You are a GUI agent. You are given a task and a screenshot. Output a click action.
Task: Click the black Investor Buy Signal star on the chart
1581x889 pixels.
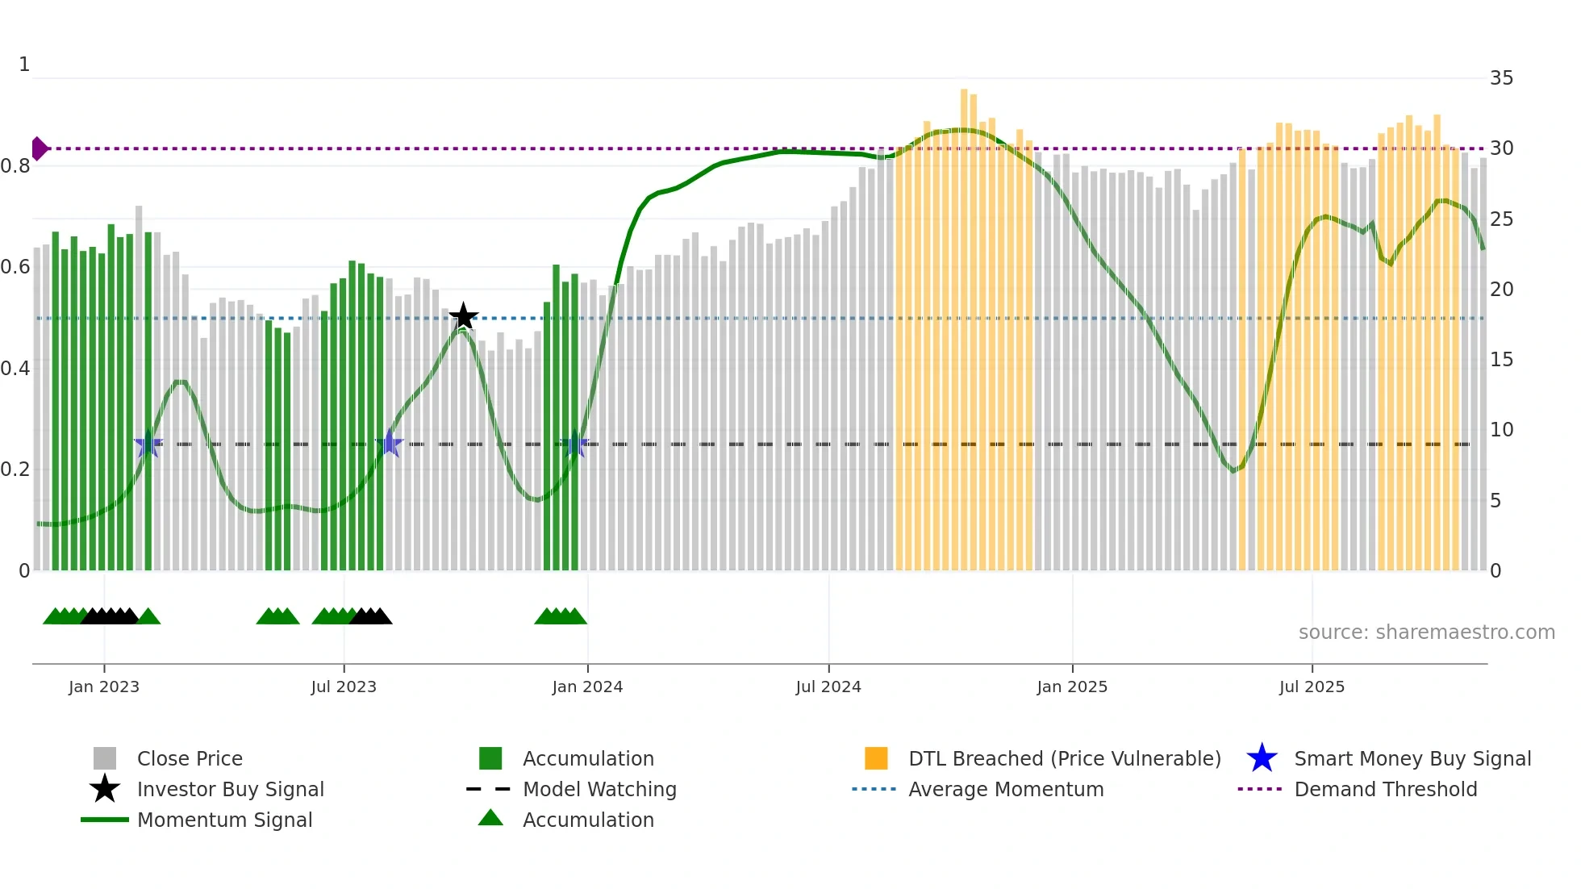pyautogui.click(x=464, y=316)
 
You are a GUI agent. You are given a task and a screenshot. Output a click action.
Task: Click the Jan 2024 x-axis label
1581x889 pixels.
pyautogui.click(x=587, y=687)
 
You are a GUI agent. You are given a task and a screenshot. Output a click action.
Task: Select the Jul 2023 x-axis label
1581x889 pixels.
pyautogui.click(x=344, y=687)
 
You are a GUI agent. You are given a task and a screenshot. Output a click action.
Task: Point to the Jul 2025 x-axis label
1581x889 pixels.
pyautogui.click(x=1312, y=687)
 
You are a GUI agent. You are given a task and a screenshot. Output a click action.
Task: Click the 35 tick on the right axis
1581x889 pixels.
pyautogui.click(x=1501, y=78)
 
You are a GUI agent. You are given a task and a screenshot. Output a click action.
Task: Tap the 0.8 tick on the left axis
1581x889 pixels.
pyautogui.click(x=16, y=166)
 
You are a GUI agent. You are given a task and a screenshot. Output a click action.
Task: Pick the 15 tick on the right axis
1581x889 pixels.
pyautogui.click(x=1501, y=360)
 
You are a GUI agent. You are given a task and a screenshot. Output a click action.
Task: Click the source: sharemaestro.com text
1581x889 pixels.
pyautogui.click(x=1426, y=632)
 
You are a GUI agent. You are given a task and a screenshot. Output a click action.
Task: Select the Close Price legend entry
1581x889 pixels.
pyautogui.click(x=190, y=758)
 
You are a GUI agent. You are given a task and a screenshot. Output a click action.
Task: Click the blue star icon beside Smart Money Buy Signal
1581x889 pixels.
pyautogui.click(x=1262, y=758)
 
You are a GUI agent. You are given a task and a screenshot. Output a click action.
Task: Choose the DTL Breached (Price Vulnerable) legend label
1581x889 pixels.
pyautogui.click(x=1064, y=758)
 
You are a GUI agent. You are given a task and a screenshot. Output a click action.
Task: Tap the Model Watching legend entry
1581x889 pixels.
pyautogui.click(x=599, y=789)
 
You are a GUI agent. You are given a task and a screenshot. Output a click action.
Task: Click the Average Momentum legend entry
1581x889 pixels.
pyautogui.click(x=1006, y=789)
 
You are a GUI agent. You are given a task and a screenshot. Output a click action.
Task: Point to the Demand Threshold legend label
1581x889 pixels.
pyautogui.click(x=1385, y=789)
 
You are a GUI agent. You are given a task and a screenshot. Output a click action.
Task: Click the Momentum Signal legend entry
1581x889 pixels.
pyautogui.click(x=224, y=820)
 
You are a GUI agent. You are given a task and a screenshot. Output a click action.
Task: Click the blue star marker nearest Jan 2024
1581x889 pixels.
pyautogui.click(x=574, y=444)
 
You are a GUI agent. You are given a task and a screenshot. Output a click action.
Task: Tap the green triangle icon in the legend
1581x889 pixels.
pyautogui.click(x=490, y=818)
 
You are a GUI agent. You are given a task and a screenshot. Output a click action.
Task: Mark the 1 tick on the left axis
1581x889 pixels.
pyautogui.click(x=24, y=65)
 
